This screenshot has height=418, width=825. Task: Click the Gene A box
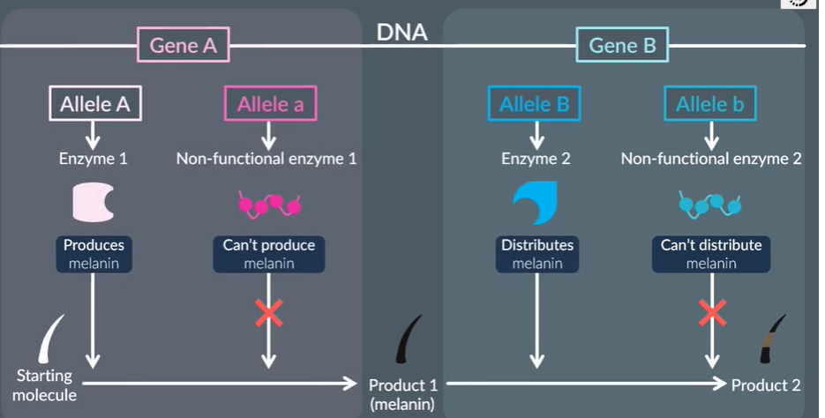(x=183, y=45)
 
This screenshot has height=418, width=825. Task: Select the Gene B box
(x=622, y=45)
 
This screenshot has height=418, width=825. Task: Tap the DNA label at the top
(x=402, y=33)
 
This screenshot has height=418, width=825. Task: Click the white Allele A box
(x=94, y=105)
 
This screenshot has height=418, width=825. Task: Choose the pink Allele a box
(x=270, y=105)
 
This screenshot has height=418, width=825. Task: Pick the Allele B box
(x=535, y=105)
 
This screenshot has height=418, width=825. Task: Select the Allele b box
(x=709, y=105)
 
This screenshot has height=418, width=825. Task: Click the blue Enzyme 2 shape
(x=535, y=204)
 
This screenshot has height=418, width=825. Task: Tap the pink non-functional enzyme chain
(x=269, y=205)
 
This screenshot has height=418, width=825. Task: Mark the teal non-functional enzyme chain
(x=709, y=205)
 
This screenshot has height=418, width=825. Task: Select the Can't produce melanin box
(x=269, y=253)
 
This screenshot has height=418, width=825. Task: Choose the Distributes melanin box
(x=535, y=253)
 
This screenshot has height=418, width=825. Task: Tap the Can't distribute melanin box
(x=711, y=253)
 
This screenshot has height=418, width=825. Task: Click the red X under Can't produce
(x=269, y=313)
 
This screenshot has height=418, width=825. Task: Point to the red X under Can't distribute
(x=711, y=313)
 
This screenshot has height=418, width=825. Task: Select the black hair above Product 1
(x=409, y=339)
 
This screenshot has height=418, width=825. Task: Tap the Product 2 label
(x=766, y=385)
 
